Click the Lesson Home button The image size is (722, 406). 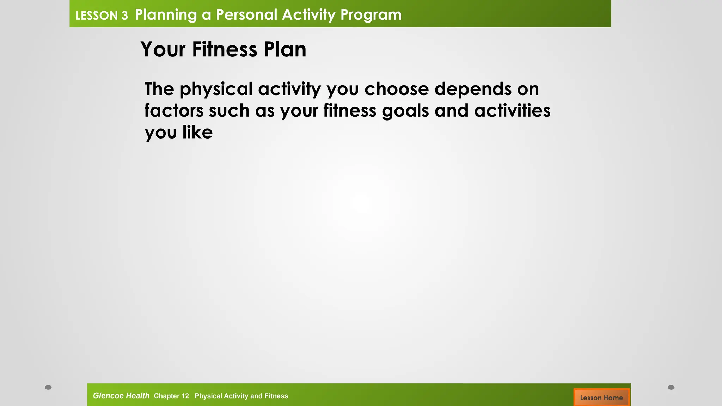pos(601,398)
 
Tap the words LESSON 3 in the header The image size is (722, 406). pos(102,16)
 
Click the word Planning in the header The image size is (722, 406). pos(166,15)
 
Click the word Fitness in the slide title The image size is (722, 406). pos(225,49)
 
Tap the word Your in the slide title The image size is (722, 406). pos(163,49)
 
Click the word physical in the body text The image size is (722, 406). pos(216,89)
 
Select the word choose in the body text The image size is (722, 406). pos(397,89)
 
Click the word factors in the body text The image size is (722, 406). pos(174,111)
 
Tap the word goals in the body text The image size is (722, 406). pos(405,111)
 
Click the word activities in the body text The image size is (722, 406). pos(512,111)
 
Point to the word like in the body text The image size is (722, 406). pos(197,133)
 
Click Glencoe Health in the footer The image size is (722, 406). pos(121,396)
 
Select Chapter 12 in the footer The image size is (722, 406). pos(171,396)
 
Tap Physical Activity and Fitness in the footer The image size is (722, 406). pos(241,396)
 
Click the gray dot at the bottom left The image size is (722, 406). pos(48,387)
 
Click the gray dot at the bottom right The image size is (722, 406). pos(671,387)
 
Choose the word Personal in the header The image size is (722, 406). pos(247,15)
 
